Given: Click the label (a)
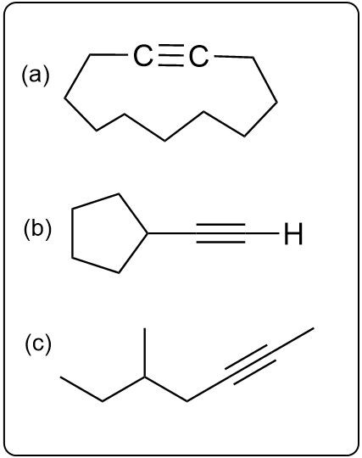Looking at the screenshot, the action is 36,76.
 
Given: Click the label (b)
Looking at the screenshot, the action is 37,230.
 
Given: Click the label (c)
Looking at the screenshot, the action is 38,344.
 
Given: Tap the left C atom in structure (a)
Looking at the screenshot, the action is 142,55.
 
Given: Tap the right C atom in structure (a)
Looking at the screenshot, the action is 199,56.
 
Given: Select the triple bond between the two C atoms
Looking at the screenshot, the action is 170,55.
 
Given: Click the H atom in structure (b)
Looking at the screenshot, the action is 293,234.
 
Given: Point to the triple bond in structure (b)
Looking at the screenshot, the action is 221,233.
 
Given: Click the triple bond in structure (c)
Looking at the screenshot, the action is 250,365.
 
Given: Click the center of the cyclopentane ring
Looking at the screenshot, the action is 105,234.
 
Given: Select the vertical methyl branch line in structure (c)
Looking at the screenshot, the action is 144,353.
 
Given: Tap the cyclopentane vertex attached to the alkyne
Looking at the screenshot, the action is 147,233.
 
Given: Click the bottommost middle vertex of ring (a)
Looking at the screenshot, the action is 165,141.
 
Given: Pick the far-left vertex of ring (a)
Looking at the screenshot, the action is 64,98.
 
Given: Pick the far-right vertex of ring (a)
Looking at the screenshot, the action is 276,103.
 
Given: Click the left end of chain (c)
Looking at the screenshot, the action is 61,377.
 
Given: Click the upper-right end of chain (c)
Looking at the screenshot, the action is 314,328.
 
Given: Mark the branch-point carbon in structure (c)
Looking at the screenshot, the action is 144,377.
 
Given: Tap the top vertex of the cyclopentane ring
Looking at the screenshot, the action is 119,193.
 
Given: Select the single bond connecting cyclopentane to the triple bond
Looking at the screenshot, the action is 171,233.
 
